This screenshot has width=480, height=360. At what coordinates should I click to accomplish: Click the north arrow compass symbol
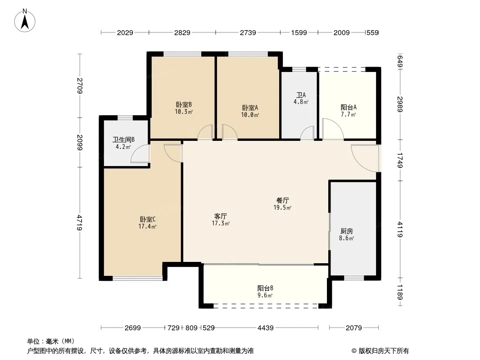(25, 21)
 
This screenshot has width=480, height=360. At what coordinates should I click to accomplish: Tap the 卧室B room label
(184, 104)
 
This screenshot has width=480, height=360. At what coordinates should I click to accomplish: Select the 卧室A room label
(250, 108)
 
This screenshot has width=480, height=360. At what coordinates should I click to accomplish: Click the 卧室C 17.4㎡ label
(148, 223)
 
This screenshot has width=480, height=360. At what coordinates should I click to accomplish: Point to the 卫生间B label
(123, 140)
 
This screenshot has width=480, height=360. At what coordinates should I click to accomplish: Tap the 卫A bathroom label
(301, 95)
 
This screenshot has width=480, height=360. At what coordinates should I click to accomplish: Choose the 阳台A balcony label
(349, 108)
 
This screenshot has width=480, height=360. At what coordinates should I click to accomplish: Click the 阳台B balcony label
(265, 288)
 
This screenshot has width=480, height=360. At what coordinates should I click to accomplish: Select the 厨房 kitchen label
(347, 231)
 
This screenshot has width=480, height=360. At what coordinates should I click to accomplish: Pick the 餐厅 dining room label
(282, 200)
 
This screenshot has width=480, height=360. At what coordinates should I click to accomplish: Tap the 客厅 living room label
(220, 216)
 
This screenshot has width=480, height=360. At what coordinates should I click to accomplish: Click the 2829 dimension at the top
(182, 32)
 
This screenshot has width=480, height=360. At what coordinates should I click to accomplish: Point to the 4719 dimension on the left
(80, 223)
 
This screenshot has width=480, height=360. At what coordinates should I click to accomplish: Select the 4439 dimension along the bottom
(265, 328)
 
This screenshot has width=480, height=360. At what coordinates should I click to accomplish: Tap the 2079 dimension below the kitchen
(353, 328)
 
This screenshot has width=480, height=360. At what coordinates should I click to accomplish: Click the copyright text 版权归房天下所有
(384, 351)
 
